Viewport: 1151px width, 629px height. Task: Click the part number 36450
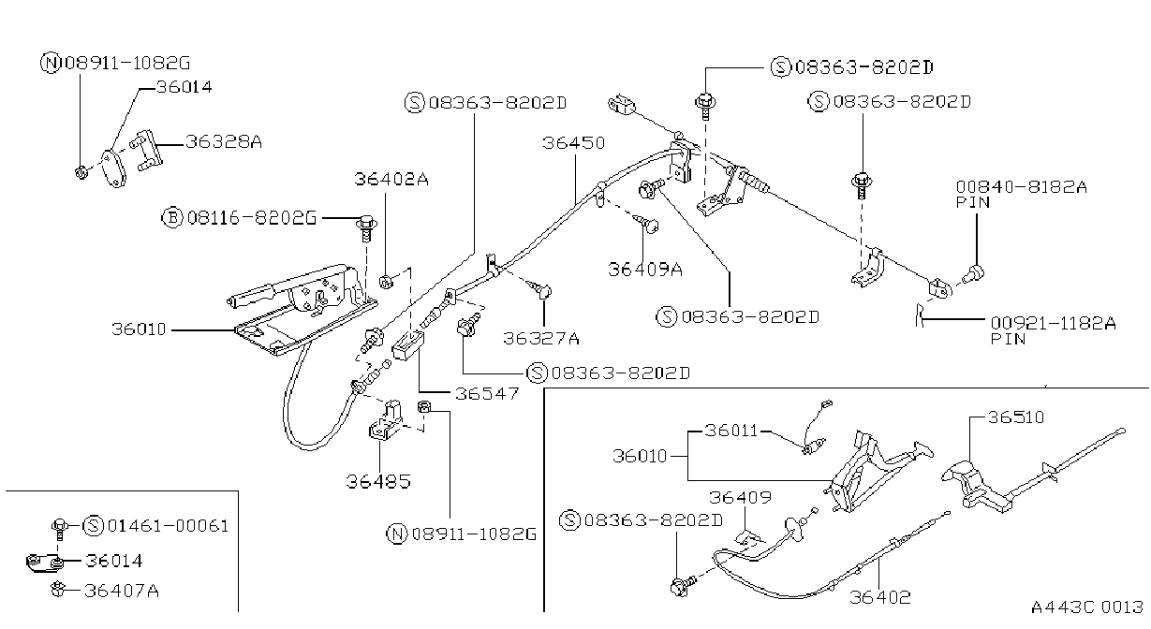[573, 143]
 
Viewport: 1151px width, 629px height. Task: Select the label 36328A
[224, 141]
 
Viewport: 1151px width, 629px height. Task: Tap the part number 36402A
[391, 179]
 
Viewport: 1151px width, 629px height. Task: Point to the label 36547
[487, 394]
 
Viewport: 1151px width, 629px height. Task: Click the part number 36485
[378, 482]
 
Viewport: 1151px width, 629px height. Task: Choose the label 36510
[1016, 417]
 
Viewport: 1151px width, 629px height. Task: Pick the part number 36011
[730, 431]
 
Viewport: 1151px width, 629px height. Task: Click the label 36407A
[122, 591]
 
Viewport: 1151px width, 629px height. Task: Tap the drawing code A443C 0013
[1086, 607]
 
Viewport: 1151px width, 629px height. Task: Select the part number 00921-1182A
[1053, 323]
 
